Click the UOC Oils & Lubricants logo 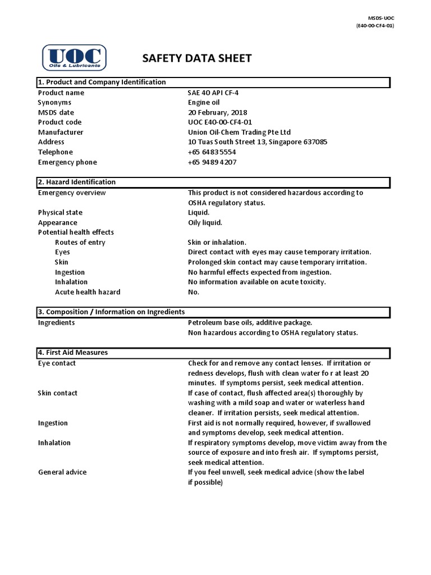[x=75, y=57]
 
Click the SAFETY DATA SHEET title [x=197, y=58]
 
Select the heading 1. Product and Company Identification [x=102, y=82]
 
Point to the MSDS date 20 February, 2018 [x=217, y=112]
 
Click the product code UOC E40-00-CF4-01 [x=220, y=122]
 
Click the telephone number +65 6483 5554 [x=212, y=152]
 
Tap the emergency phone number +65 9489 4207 [x=212, y=162]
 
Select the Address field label [x=51, y=142]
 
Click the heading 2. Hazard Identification [x=76, y=182]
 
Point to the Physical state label [x=60, y=213]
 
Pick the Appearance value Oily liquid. [x=205, y=222]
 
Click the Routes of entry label [x=80, y=243]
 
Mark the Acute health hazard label [x=88, y=292]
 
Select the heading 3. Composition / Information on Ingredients [x=111, y=312]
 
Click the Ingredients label [x=56, y=323]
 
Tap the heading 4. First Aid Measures [x=73, y=353]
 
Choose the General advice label [x=62, y=472]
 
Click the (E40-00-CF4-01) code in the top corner [x=374, y=26]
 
